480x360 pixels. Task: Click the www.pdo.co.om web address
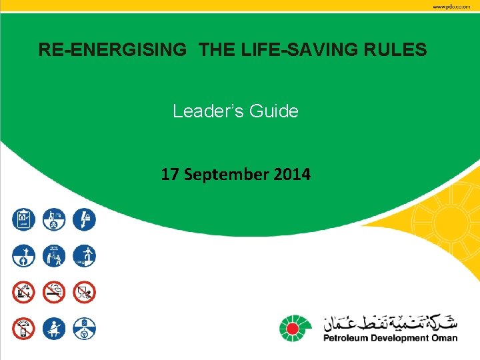click(x=455, y=6)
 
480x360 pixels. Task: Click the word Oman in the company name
click(x=445, y=338)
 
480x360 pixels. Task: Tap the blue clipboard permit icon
click(x=24, y=219)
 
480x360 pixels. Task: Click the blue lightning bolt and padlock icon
click(x=85, y=219)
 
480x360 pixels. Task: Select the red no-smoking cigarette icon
click(x=55, y=291)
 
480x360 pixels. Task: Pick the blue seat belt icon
click(x=55, y=327)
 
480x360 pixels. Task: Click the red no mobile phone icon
click(x=24, y=327)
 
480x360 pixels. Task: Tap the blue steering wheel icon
click(x=85, y=327)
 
